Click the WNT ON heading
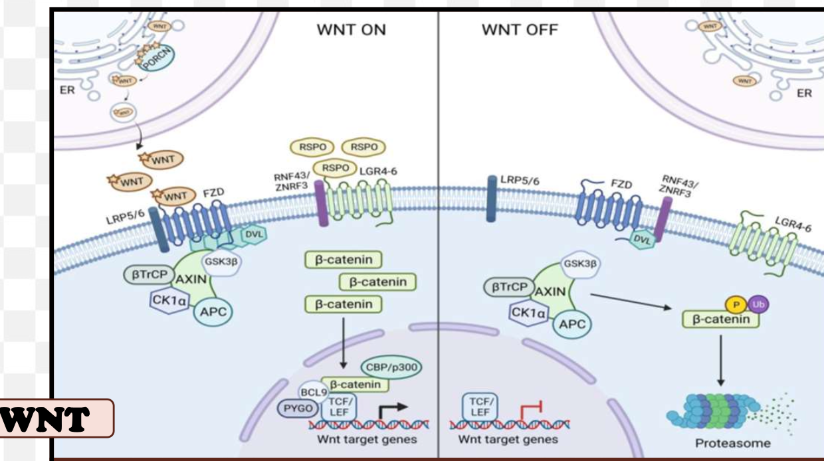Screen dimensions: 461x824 tap(351, 31)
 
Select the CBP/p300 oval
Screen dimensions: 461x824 tap(393, 366)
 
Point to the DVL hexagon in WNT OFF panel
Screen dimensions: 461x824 tap(642, 241)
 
